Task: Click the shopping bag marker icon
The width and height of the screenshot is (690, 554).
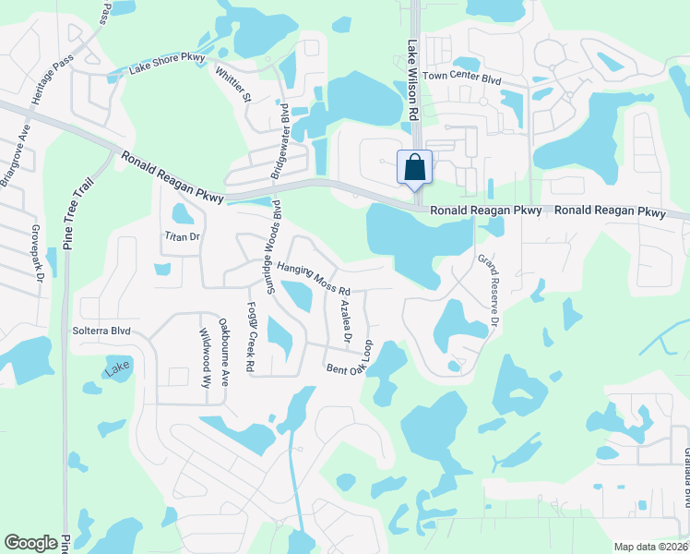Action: [415, 168]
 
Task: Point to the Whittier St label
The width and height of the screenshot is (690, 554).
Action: [232, 84]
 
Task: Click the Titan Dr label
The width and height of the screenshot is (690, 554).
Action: [182, 237]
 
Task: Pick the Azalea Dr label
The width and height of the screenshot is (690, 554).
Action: [346, 321]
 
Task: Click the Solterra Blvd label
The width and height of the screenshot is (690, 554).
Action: [101, 331]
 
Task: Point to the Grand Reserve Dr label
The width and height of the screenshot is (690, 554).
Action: [487, 290]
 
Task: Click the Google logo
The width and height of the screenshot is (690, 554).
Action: [31, 543]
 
